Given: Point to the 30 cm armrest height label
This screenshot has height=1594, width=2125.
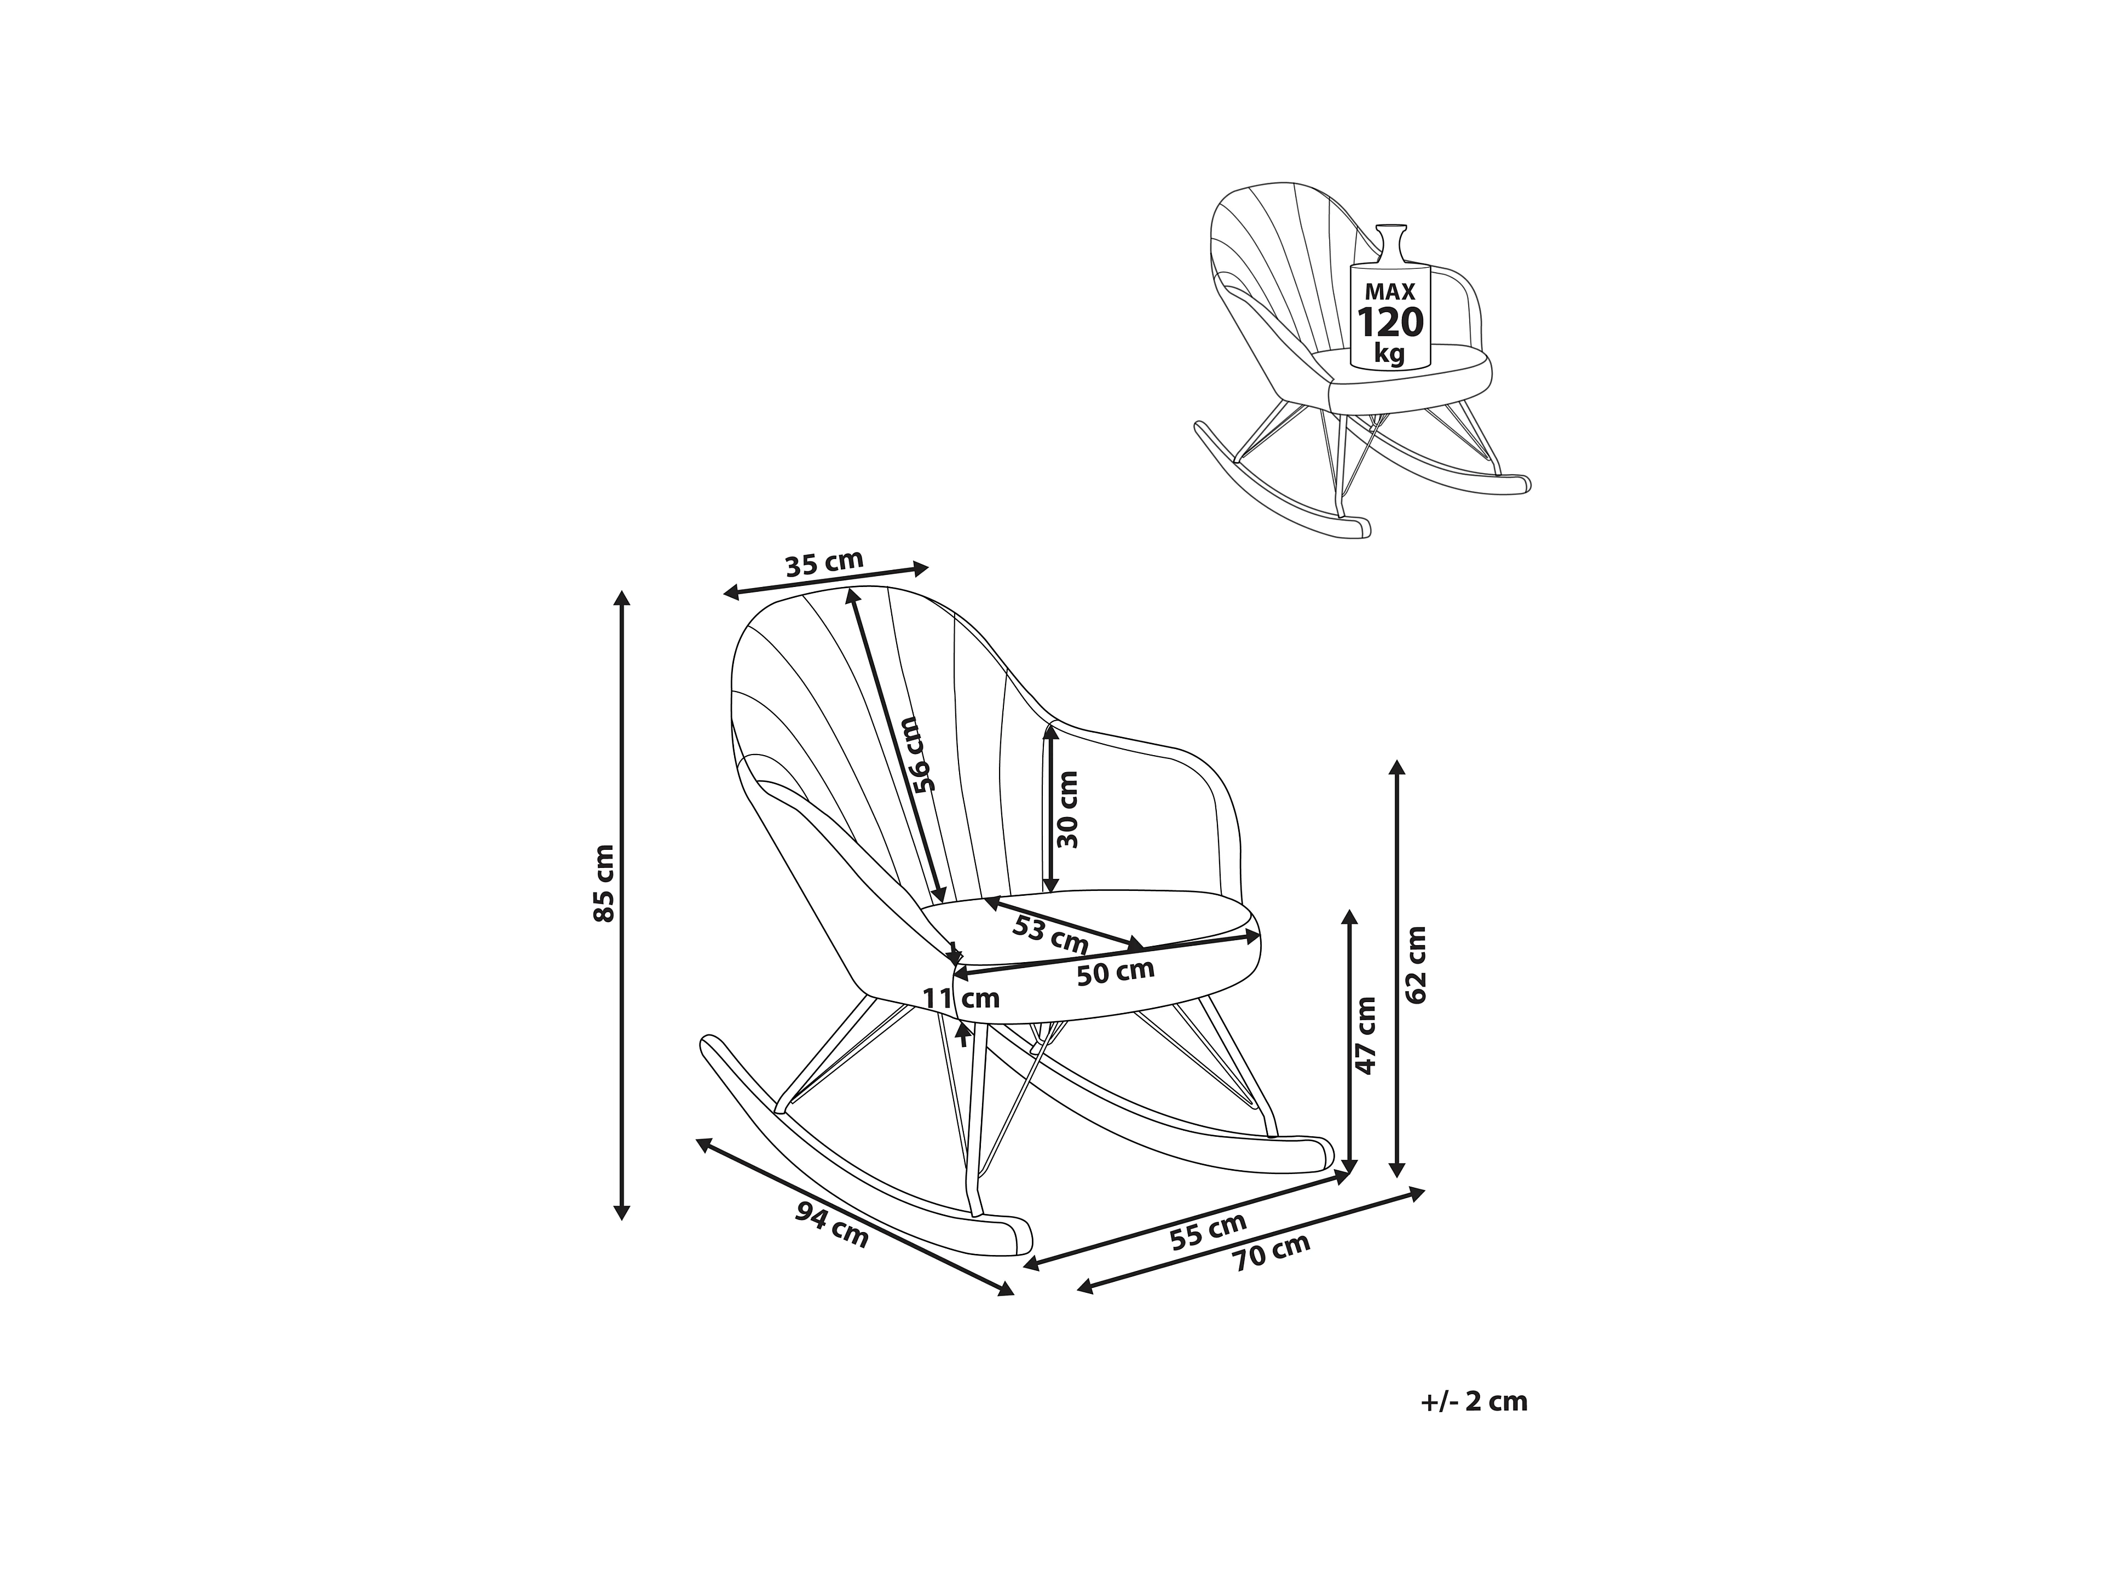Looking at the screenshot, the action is tap(1066, 809).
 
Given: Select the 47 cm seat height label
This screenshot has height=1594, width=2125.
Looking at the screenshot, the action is tap(1364, 1035).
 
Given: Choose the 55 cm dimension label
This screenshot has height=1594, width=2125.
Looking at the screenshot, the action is tap(1209, 1231).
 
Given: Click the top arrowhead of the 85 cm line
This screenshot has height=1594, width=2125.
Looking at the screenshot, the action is tap(622, 597).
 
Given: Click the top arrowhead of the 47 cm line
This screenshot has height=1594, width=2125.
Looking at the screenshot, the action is tap(1350, 917).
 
